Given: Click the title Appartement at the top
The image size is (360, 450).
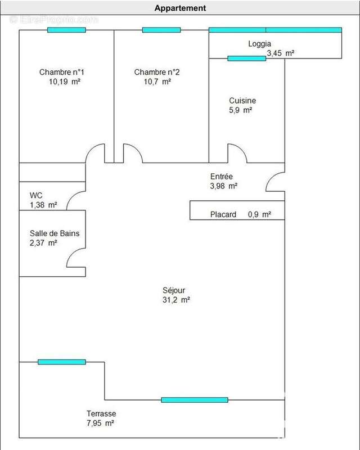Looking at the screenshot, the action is point(181,8).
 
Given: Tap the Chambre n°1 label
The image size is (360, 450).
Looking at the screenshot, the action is point(62,72).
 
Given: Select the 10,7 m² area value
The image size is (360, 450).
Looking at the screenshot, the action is point(157,82).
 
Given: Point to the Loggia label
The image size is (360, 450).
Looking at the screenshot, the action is point(259,44).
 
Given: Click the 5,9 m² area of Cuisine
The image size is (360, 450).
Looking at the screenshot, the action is point(241,110).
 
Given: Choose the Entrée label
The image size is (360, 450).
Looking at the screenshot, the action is point(221,176).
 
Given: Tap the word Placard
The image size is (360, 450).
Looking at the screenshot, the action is point(223,214).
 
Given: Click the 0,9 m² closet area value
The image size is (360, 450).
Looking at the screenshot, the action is point(259,214).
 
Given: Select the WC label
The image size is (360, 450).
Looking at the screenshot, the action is point(36,195).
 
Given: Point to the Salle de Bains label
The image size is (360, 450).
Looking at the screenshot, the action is point(55,233).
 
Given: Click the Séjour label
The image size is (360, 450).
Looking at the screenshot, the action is point(174,290).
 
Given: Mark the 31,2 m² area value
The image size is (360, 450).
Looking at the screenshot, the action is point(176,300).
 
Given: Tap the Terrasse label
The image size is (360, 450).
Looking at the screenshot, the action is point(101,413).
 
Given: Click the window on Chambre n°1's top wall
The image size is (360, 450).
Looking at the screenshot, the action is point(66,30).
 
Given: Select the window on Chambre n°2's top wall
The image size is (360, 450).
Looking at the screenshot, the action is point(161,30).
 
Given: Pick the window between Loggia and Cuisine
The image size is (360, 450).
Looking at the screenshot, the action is point(247,58).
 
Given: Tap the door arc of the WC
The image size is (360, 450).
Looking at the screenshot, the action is point(72,196).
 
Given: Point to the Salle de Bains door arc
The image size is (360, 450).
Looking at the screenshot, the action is point(72,254).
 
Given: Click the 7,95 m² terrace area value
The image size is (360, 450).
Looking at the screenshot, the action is point(100,423).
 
